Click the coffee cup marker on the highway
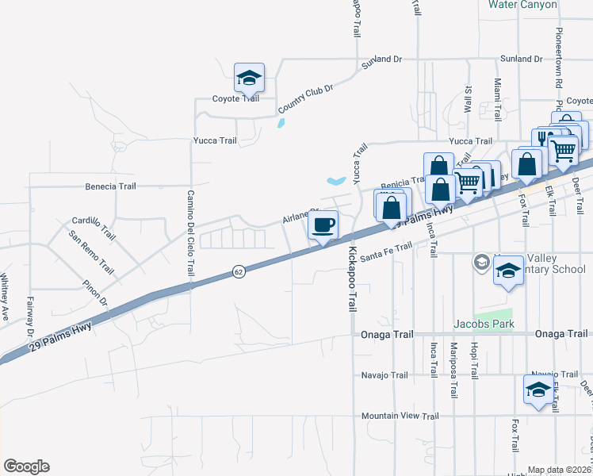click(323, 226)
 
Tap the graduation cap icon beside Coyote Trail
click(249, 79)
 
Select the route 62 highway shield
click(239, 271)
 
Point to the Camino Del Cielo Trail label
click(190, 233)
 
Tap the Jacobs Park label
click(484, 324)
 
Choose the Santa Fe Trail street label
click(386, 252)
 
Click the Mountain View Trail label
click(400, 416)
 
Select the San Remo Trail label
click(91, 253)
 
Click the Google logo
click(26, 466)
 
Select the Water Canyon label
click(523, 4)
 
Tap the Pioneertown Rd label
click(559, 59)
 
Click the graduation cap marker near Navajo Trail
click(538, 390)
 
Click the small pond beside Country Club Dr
click(281, 123)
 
